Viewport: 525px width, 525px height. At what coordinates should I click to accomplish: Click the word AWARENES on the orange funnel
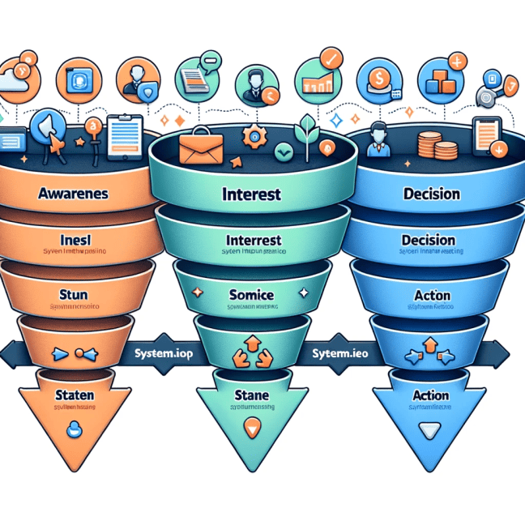click(x=75, y=195)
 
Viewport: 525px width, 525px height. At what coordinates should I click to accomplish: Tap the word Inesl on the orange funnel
click(x=79, y=241)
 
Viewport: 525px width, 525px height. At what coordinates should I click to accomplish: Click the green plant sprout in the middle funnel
click(x=308, y=130)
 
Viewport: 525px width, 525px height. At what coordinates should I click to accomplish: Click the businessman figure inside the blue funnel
click(x=376, y=139)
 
